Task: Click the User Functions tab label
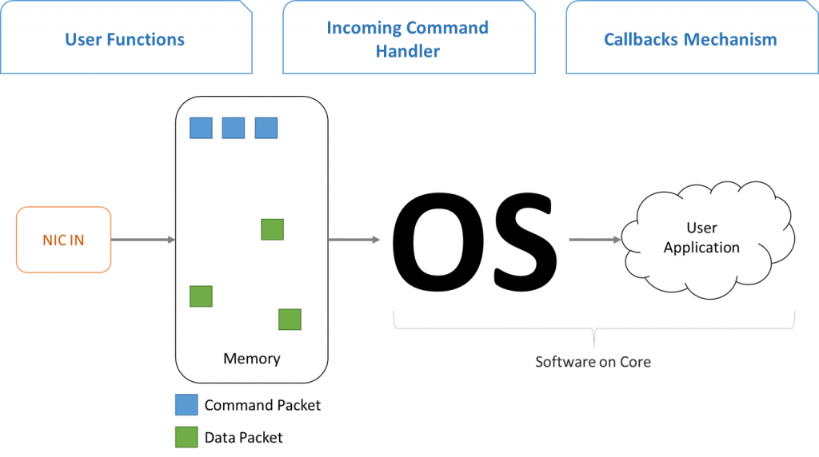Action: point(124,40)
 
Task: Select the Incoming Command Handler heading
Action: point(408,39)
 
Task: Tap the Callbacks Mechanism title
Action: point(690,40)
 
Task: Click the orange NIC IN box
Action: point(64,240)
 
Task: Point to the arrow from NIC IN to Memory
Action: point(143,240)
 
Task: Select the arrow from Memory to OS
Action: point(354,240)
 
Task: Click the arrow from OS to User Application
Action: point(595,240)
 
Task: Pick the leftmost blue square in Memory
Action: point(201,128)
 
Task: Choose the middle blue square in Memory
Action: point(234,128)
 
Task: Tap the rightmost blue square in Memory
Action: point(266,128)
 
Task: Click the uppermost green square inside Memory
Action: point(272,229)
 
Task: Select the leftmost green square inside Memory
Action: point(201,296)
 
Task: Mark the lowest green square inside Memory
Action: point(290,320)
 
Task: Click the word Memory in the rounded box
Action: point(252,359)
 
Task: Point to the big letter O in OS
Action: point(437,240)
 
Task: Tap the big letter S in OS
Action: point(524,240)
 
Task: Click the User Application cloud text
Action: point(701,237)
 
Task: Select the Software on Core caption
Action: point(593,362)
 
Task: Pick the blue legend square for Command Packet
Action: point(186,405)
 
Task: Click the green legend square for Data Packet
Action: point(186,437)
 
